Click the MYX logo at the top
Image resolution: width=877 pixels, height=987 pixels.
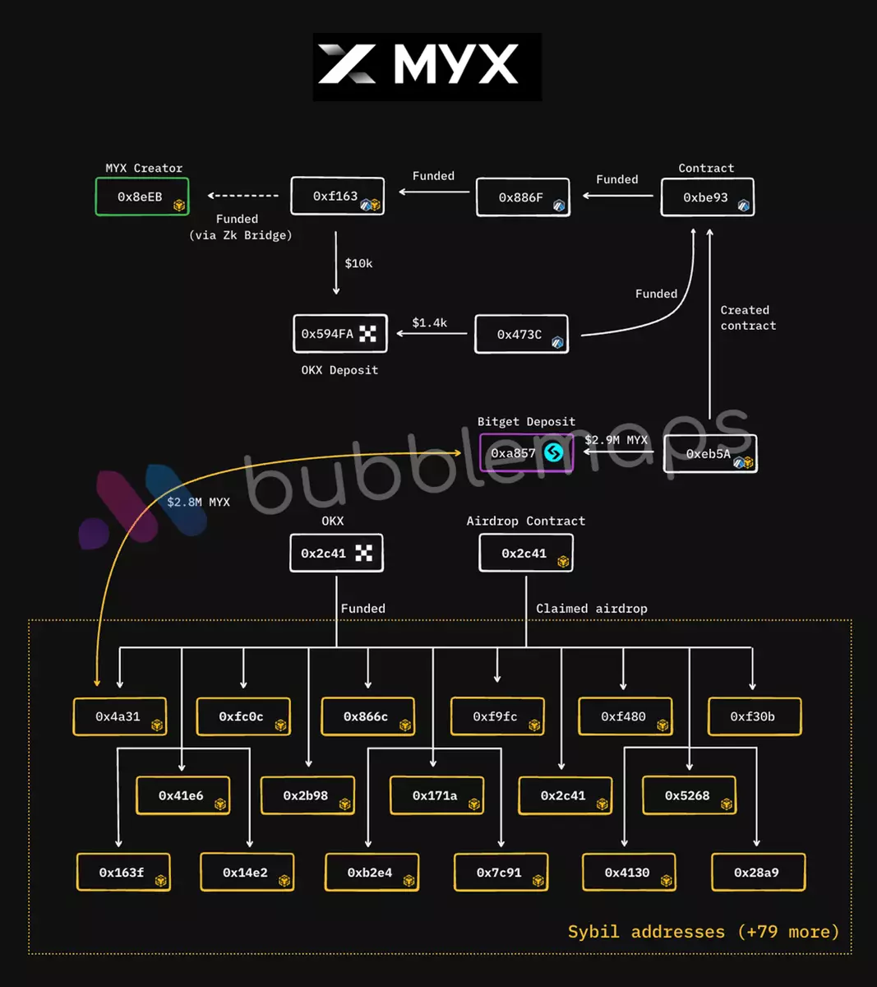pos(427,66)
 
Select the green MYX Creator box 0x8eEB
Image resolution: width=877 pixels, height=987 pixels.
pos(142,197)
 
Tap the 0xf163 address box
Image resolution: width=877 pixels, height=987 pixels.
pos(338,197)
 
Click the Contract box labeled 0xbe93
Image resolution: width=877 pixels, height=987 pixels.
pos(707,197)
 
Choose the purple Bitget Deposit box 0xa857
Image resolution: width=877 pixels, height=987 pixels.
pos(526,453)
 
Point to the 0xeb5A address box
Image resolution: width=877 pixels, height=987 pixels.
pos(710,453)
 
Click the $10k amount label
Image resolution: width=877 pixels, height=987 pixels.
pos(358,263)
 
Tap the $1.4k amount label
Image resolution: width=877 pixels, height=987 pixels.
pos(429,322)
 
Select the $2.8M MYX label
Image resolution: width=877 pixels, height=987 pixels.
pos(198,502)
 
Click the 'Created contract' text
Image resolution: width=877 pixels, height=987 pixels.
pos(748,317)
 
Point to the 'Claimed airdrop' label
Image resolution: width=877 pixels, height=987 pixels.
pos(591,609)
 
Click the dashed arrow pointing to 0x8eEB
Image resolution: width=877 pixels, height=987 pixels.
pos(243,196)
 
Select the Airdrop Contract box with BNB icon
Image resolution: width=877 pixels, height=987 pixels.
pos(526,554)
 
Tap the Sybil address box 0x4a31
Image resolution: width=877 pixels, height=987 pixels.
pos(120,716)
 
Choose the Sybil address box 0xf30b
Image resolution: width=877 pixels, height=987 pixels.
pos(754,716)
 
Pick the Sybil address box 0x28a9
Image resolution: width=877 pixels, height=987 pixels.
pos(757,873)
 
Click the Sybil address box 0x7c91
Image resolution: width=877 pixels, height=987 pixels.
pos(501,873)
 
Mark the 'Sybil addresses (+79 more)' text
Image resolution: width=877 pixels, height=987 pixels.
pos(704,932)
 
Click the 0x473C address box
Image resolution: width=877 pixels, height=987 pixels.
pos(521,335)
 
